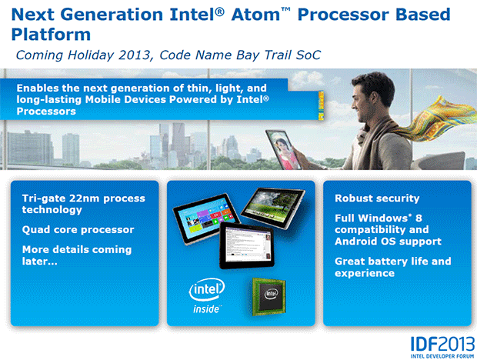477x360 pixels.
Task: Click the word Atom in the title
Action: (x=256, y=15)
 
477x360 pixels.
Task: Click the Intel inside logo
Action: (x=207, y=295)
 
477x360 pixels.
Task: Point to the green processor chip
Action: (x=269, y=296)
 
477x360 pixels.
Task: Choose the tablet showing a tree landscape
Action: (x=273, y=208)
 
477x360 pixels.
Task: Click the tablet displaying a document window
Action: (x=247, y=245)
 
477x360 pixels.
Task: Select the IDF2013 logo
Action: (x=442, y=347)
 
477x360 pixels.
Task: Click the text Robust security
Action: (x=377, y=198)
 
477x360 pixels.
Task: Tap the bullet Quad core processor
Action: (x=78, y=229)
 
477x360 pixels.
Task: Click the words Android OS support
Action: (x=388, y=242)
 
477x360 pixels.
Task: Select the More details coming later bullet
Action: (x=77, y=255)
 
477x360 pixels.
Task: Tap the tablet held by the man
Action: (x=282, y=149)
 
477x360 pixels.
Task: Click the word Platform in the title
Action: (x=51, y=35)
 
